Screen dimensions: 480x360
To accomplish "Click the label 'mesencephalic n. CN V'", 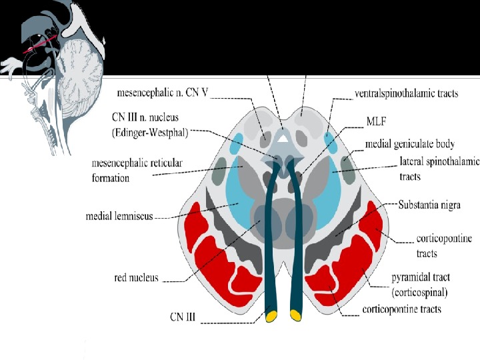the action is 162,93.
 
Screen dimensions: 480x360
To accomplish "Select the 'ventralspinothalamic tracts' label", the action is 406,93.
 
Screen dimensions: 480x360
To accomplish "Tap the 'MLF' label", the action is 375,123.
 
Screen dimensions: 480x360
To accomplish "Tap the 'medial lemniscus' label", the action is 120,217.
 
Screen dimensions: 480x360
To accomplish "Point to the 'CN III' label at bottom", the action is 181,318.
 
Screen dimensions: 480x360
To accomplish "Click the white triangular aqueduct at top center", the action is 283,137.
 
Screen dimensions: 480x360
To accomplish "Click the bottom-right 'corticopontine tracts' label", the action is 401,310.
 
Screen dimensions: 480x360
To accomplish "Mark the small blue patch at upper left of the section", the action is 236,143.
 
